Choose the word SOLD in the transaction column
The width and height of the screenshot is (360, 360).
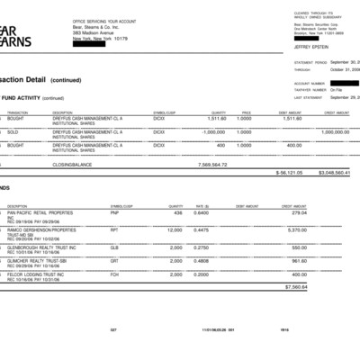13,131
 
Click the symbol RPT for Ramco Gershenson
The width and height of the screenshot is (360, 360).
115,229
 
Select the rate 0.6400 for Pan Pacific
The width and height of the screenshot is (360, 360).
202,213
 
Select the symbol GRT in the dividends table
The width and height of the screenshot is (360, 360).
115,260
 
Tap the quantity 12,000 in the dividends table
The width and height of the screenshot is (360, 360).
174,229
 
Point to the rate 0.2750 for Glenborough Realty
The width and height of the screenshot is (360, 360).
202,246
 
